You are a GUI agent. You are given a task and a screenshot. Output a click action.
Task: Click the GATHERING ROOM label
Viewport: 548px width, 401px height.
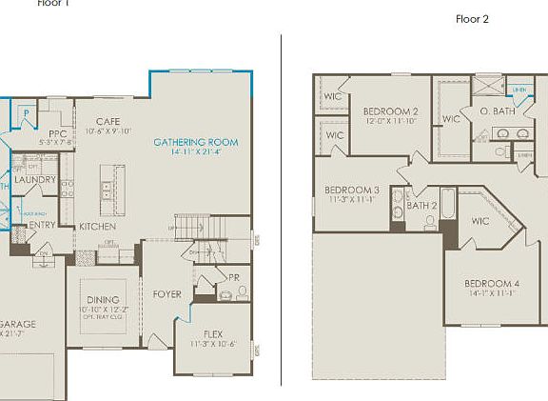tap(196, 142)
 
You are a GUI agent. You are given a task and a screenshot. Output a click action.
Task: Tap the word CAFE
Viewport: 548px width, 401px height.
tap(108, 122)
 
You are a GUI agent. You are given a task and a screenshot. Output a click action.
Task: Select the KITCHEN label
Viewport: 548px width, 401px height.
tap(97, 227)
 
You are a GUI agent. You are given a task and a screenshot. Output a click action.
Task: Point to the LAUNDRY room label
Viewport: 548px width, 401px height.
tap(36, 179)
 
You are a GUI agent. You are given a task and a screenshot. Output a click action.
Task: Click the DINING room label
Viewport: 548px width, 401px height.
tap(103, 300)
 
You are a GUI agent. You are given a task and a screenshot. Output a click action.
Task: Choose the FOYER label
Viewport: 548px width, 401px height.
tap(166, 294)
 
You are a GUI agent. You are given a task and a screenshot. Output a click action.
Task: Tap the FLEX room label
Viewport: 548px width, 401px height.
tap(213, 333)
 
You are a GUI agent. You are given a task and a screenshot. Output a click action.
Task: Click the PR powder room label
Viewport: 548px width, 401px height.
tap(233, 277)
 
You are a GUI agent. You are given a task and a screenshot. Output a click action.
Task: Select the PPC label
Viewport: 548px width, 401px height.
tap(57, 133)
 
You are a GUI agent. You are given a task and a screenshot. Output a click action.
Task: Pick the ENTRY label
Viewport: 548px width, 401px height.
tap(43, 225)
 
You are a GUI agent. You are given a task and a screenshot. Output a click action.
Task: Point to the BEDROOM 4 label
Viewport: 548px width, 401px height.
tap(492, 284)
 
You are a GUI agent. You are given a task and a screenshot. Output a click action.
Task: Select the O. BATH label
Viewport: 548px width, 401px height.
tap(497, 111)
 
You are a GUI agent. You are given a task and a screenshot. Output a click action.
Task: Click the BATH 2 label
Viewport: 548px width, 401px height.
tap(421, 205)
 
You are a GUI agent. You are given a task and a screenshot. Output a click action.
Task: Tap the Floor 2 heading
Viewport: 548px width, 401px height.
tap(472, 19)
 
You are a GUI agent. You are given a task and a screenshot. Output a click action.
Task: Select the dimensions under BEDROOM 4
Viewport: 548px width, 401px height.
tap(491, 294)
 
